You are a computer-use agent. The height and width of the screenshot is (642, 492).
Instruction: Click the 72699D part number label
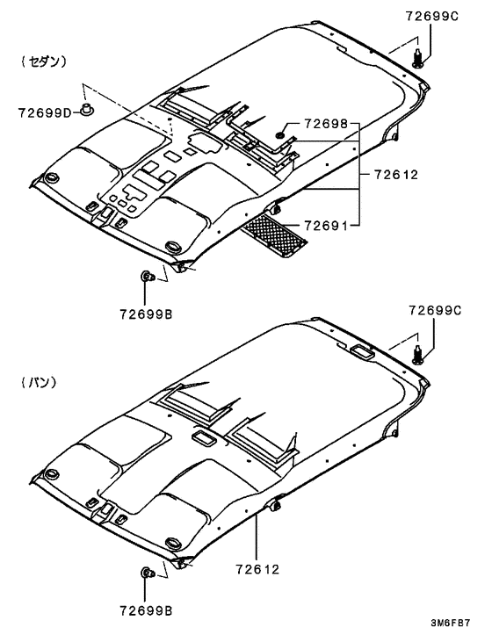pyautogui.click(x=45, y=112)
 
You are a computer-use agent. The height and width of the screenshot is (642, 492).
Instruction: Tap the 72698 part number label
pyautogui.click(x=326, y=123)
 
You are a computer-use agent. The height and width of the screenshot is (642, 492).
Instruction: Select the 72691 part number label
pyautogui.click(x=326, y=225)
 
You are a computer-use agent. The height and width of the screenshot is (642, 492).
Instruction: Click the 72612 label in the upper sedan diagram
pyautogui.click(x=396, y=175)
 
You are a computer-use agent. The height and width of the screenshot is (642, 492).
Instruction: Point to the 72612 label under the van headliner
pyautogui.click(x=257, y=569)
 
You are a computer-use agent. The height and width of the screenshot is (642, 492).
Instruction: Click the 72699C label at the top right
pyautogui.click(x=432, y=16)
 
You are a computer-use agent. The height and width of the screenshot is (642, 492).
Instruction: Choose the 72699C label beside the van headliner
pyautogui.click(x=435, y=310)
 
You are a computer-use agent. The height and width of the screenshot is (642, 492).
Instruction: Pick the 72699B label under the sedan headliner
pyautogui.click(x=146, y=314)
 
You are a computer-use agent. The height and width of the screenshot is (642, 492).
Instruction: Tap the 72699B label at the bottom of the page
pyautogui.click(x=146, y=611)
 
